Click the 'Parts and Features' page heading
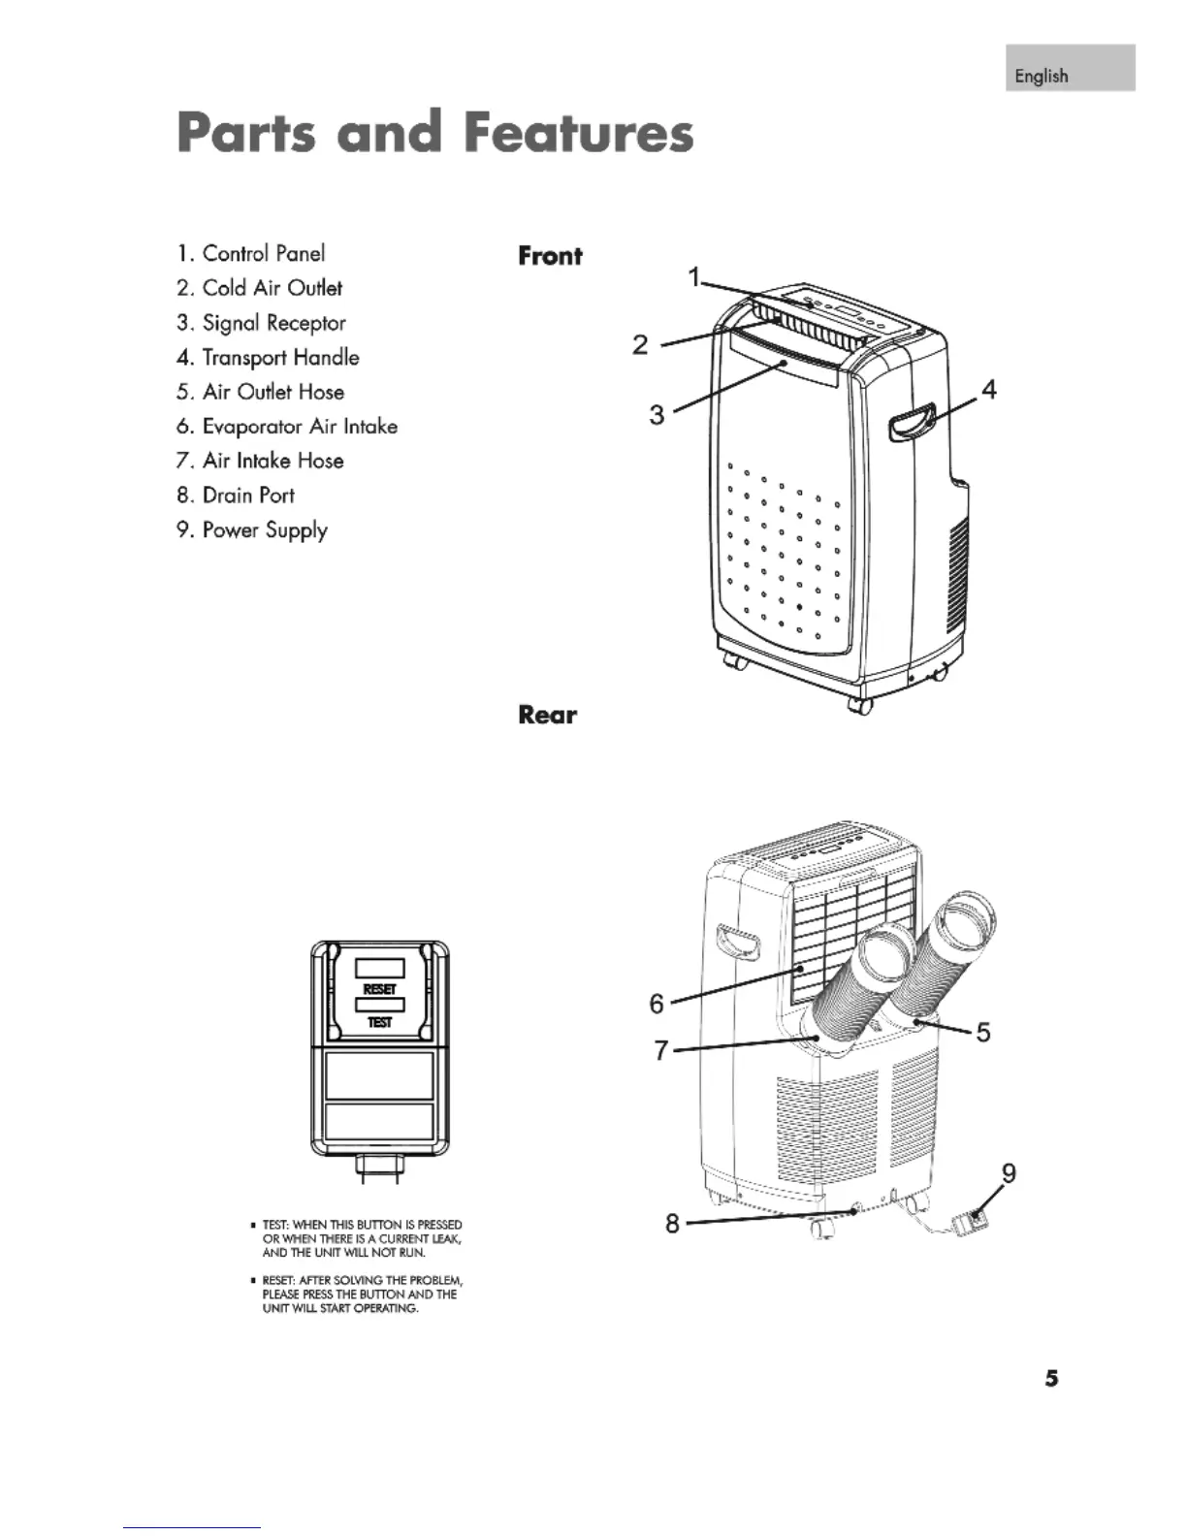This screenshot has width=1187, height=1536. [x=435, y=134]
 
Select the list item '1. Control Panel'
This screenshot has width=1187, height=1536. [x=251, y=254]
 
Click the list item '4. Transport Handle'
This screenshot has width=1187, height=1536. [x=268, y=358]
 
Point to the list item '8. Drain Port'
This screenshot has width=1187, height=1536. [x=236, y=496]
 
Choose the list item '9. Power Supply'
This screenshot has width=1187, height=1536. [x=252, y=530]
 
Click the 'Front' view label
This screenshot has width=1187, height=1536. [x=550, y=257]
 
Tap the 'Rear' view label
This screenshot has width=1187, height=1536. [x=547, y=716]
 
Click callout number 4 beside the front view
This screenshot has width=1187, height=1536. [x=988, y=390]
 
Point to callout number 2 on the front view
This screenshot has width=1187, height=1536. [x=640, y=344]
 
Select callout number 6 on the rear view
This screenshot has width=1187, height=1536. [x=657, y=1004]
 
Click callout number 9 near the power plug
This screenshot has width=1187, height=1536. [x=1009, y=1173]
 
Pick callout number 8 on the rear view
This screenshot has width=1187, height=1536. [x=672, y=1223]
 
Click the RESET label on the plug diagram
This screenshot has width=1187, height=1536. [x=379, y=989]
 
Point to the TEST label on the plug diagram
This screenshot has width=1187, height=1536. [x=379, y=1023]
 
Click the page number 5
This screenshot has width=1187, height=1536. [x=1051, y=1379]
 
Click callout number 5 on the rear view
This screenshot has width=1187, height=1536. [x=983, y=1032]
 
